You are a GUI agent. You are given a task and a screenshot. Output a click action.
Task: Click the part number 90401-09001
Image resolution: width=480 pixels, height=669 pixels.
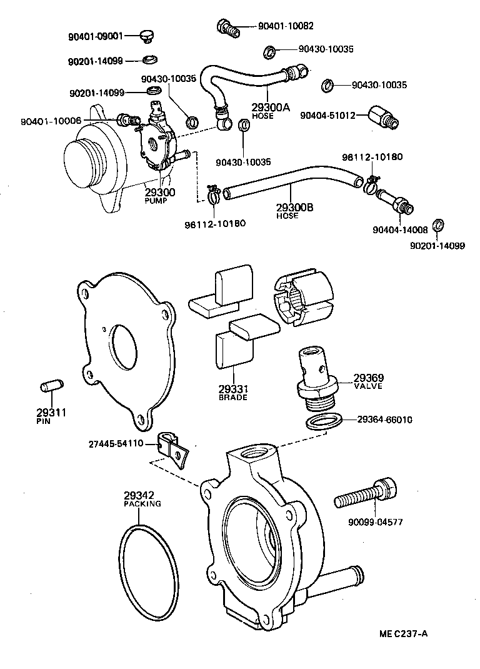click(96, 37)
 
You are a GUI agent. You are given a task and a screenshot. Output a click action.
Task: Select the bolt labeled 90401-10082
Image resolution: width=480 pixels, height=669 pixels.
click(228, 28)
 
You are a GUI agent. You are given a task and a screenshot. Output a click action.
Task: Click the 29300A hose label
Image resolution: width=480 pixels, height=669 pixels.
click(271, 107)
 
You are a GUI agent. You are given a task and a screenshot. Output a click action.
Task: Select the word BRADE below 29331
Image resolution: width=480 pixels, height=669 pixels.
click(232, 397)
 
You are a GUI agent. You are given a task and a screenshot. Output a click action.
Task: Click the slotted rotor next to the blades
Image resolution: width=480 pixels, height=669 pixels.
click(303, 298)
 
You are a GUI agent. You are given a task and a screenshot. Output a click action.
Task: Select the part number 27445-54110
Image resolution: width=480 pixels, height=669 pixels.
click(116, 443)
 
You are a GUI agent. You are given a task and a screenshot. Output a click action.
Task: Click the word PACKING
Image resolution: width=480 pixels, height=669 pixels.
click(142, 503)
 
